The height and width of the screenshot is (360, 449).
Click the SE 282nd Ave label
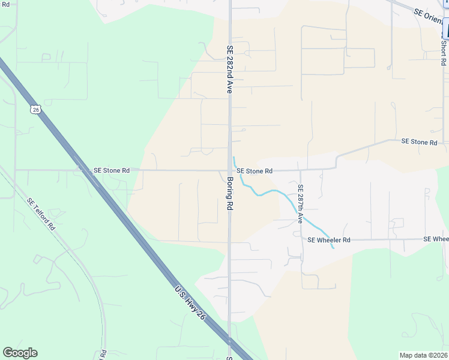tap(229, 69)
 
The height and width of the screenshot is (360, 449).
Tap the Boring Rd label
tap(230, 193)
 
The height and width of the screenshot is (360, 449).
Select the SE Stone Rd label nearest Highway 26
tap(112, 170)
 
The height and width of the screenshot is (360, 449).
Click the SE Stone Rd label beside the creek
tap(255, 171)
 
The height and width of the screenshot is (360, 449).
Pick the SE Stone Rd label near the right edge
tap(420, 142)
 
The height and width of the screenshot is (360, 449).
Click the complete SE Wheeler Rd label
tap(328, 239)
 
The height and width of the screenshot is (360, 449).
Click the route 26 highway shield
tap(35, 109)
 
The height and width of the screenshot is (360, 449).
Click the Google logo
tap(20, 353)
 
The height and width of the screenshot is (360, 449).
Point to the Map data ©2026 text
tap(424, 355)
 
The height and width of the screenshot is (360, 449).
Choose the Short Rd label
tap(443, 53)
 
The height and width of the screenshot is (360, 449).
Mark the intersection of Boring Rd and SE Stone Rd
tap(229, 170)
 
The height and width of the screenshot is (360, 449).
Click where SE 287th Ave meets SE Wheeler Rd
tap(301, 239)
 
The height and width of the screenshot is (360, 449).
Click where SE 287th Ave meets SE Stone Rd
tap(300, 170)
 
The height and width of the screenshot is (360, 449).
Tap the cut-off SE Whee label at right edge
tap(436, 239)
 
